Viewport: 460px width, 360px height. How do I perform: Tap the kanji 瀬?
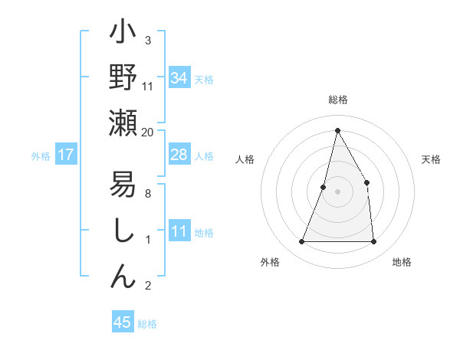(123, 123)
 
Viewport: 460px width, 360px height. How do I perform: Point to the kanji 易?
(123, 185)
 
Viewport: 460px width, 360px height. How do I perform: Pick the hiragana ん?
(123, 275)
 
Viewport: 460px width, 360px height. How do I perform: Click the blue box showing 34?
(179, 77)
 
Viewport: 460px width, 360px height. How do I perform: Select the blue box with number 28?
(179, 155)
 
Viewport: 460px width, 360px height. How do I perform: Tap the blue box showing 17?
(66, 155)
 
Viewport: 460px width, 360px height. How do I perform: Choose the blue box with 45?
(123, 322)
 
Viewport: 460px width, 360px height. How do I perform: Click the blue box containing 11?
(179, 232)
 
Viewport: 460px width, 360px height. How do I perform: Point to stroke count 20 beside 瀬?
(148, 133)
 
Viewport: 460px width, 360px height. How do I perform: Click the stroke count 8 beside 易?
(148, 194)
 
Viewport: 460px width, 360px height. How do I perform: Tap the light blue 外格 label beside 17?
(41, 156)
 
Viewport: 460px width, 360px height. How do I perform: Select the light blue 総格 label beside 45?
(147, 324)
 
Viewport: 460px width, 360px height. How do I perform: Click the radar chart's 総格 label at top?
(337, 100)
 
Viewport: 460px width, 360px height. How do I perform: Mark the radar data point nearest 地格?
(373, 242)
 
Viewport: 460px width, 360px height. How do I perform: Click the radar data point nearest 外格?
(301, 242)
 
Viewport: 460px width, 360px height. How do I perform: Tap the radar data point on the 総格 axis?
(337, 130)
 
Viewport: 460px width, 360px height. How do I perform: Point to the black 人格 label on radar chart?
(245, 159)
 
